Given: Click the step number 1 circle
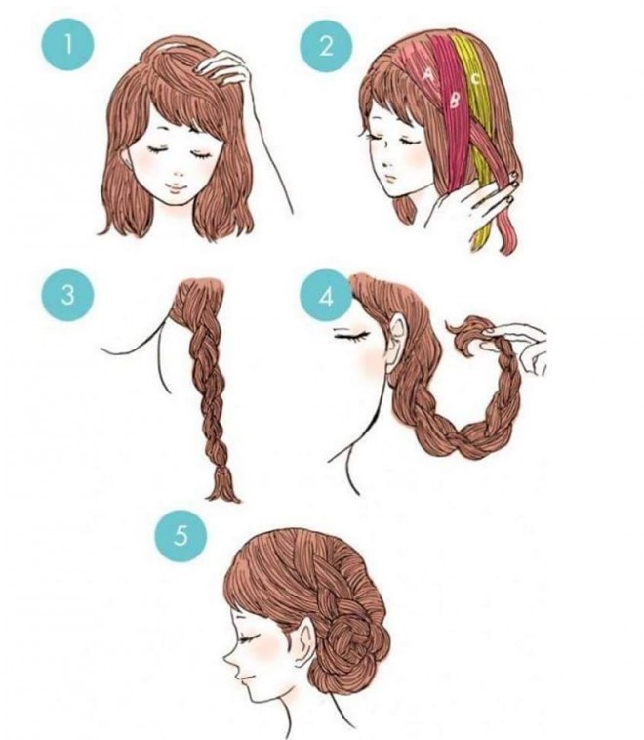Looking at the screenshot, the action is point(68,45).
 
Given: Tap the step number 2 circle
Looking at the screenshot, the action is point(326,46).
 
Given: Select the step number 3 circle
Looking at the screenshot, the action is point(68,295).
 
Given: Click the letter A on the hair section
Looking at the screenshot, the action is point(428,74).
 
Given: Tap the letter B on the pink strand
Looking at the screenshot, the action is point(455,100).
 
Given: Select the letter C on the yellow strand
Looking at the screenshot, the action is point(475,78).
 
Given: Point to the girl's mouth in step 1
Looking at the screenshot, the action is point(175,189).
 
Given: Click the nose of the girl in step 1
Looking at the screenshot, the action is point(176,174).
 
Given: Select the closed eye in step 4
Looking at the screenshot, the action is point(351,335).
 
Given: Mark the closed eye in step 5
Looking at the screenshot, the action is point(250,638).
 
